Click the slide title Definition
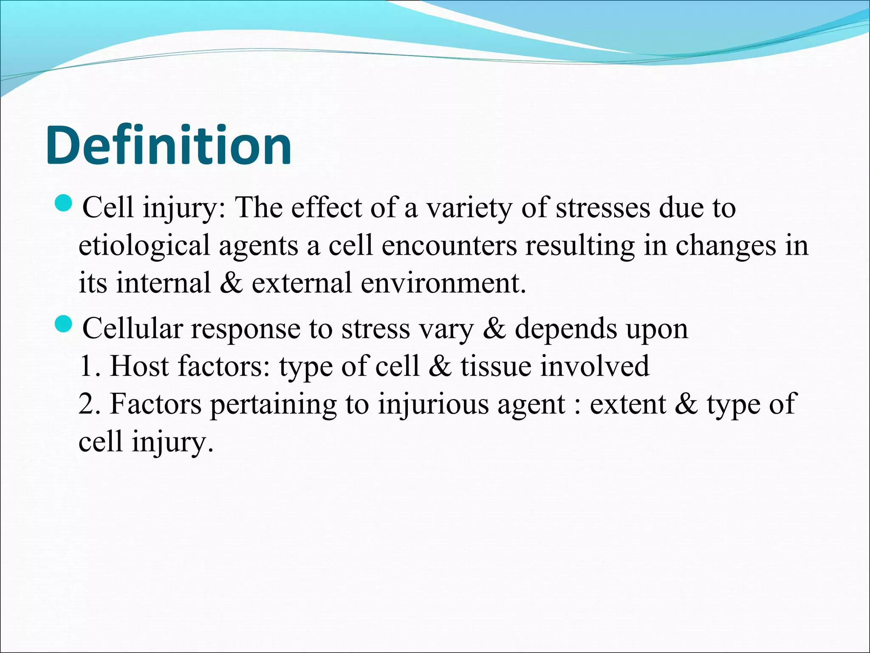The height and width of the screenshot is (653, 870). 169,146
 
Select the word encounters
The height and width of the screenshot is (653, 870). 449,246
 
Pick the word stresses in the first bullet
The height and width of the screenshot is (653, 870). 603,208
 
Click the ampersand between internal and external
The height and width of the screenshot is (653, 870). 232,283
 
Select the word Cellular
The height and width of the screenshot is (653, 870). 132,328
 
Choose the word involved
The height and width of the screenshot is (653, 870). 595,366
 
